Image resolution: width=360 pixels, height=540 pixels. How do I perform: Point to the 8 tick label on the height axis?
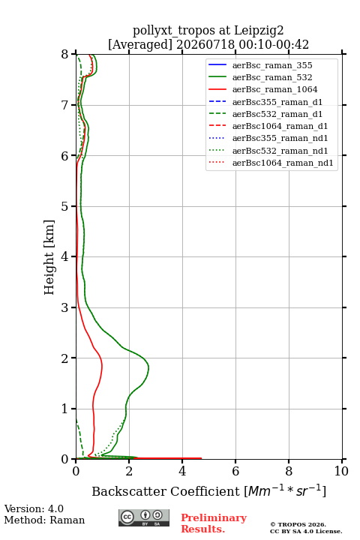click(65, 55)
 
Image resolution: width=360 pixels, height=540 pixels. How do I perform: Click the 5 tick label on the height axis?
click(65, 206)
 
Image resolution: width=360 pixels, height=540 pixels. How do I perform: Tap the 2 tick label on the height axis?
click(65, 358)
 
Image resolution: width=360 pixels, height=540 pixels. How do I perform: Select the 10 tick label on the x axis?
click(341, 471)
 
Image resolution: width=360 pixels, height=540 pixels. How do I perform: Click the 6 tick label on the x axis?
click(235, 471)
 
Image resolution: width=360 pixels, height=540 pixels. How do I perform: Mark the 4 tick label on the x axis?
click(182, 471)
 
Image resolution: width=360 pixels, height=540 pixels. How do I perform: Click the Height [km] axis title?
click(49, 257)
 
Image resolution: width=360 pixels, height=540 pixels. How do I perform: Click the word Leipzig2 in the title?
click(259, 31)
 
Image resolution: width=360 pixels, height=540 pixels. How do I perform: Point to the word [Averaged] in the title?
click(139, 45)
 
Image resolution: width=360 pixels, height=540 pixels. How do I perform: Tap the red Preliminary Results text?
click(214, 523)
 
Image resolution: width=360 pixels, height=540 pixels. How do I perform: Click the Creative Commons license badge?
click(144, 518)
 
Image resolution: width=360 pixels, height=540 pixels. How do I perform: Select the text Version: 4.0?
click(34, 509)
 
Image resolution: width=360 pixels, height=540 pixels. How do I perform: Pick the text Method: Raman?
click(44, 520)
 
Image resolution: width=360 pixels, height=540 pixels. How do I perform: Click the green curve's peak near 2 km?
click(148, 368)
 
